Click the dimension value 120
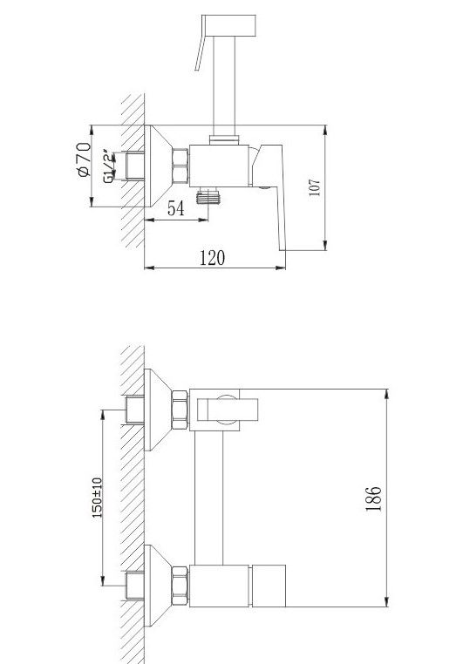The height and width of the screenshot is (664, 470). tap(212, 257)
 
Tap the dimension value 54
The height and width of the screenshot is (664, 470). tap(176, 208)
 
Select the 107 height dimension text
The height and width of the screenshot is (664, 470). tap(315, 187)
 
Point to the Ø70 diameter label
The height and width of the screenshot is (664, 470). tap(84, 159)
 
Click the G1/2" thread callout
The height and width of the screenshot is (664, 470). tap(109, 166)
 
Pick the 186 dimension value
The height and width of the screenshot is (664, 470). tap(373, 498)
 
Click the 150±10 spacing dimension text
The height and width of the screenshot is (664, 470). tap(97, 498)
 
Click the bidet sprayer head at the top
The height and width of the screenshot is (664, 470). tap(228, 25)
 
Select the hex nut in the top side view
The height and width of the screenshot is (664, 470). tap(181, 166)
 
